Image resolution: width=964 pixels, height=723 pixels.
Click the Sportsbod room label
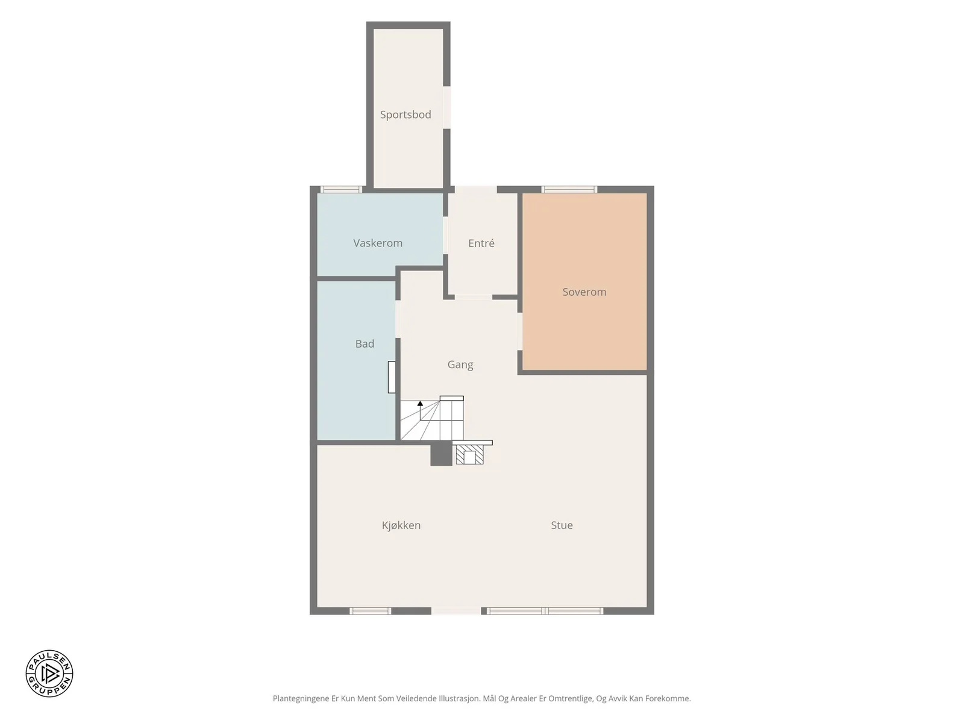tap(405, 114)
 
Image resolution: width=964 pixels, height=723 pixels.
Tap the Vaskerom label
tap(378, 243)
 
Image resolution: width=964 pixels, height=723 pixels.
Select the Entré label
tap(481, 243)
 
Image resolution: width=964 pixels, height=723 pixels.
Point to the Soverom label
tap(584, 292)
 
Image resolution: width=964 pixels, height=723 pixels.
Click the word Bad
tap(365, 343)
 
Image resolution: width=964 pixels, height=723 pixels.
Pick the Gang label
tap(460, 365)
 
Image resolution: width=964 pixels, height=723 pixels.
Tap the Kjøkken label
tap(401, 525)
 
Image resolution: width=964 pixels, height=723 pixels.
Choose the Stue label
tap(562, 525)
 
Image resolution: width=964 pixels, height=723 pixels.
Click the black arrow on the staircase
tap(421, 404)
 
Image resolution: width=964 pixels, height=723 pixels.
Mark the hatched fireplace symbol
tap(469, 454)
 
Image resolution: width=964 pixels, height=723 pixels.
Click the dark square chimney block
tap(441, 454)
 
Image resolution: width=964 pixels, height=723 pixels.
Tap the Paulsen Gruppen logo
tap(49, 673)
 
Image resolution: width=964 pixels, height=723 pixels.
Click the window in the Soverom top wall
tap(569, 190)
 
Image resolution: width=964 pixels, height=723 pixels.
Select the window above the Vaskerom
tap(341, 190)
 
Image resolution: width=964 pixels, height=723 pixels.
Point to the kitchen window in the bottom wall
tap(370, 610)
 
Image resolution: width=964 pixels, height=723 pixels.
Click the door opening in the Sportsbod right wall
tap(446, 108)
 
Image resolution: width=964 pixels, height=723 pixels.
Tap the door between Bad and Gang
tap(398, 319)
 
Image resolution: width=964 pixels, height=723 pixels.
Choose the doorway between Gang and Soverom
tap(520, 331)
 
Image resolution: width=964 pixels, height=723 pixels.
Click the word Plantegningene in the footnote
tap(301, 698)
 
